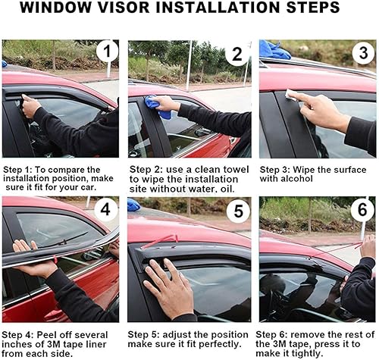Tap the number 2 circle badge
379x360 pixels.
click(237, 55)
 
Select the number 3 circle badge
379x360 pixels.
click(362, 53)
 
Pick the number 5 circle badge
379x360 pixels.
click(237, 210)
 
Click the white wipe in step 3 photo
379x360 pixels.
click(292, 95)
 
